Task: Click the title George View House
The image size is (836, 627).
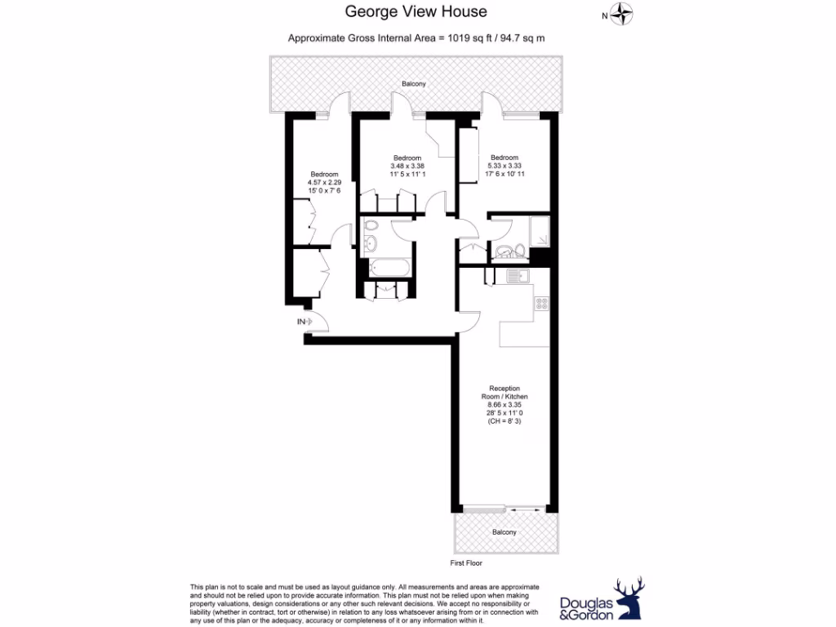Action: [416, 11]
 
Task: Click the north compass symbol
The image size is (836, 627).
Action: [624, 15]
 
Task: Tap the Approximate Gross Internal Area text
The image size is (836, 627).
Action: [416, 38]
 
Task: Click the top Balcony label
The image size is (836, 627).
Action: [413, 84]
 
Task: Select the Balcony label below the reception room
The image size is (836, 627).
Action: [504, 532]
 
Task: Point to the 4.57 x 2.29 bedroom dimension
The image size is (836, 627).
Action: [324, 182]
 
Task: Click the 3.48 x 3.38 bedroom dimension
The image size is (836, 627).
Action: [407, 166]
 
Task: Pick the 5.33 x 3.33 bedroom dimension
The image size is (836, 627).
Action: [504, 166]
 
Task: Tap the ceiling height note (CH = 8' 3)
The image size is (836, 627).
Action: [504, 420]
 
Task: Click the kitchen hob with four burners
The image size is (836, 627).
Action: [541, 304]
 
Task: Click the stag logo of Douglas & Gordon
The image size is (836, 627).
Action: [628, 598]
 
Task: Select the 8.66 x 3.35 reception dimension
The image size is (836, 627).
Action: [504, 404]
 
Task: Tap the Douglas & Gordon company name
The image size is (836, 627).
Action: [585, 608]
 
